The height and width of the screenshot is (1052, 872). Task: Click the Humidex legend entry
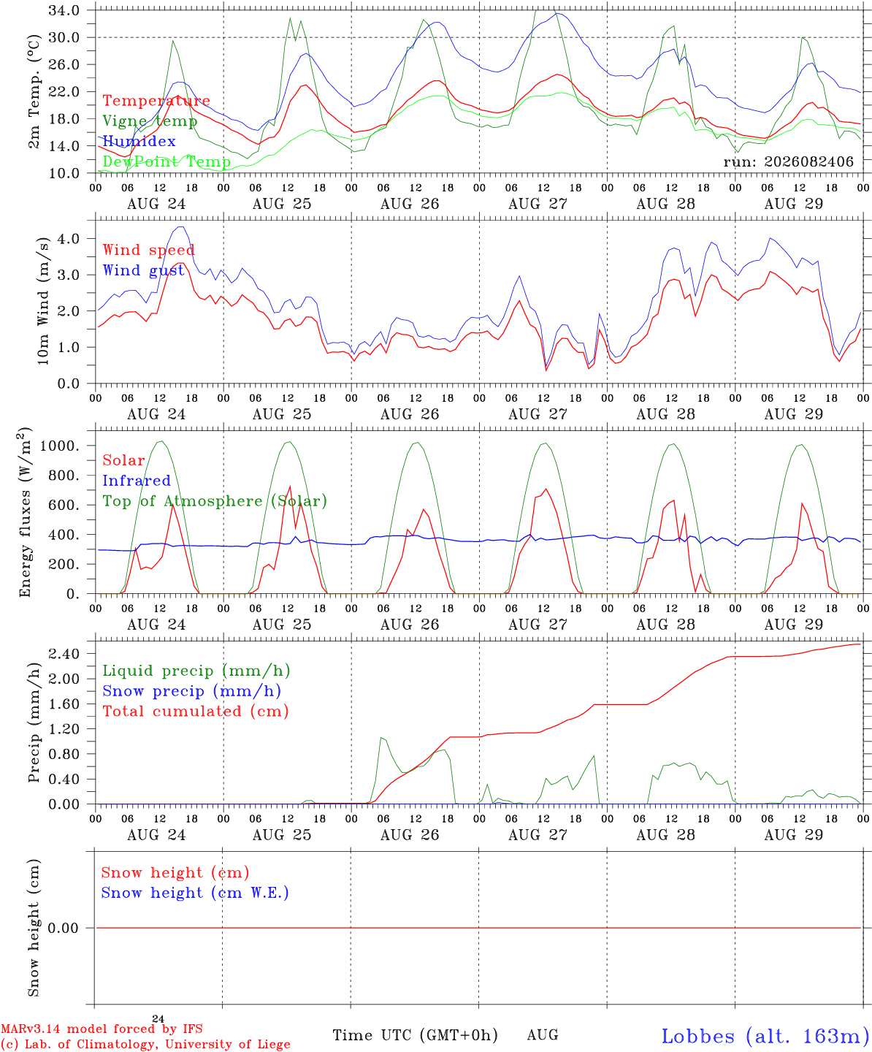[x=139, y=141]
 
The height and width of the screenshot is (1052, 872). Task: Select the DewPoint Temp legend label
[x=167, y=161]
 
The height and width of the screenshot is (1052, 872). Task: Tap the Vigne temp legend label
[x=150, y=121]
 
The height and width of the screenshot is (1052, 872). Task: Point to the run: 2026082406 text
[x=788, y=161]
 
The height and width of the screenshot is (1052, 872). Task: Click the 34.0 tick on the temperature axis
[x=64, y=10]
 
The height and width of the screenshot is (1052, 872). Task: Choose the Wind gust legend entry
[x=144, y=270]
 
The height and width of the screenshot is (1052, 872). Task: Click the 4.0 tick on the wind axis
[x=69, y=238]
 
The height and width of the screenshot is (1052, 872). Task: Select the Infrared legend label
[x=137, y=480]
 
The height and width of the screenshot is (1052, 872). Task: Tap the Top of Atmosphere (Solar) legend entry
[x=215, y=501]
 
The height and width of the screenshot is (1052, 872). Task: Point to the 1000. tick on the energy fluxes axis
[x=60, y=446]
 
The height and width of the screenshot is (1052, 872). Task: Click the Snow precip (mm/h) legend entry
[x=192, y=691]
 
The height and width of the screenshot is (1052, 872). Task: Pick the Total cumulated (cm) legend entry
[x=196, y=711]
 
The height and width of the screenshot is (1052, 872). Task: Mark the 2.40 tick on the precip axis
[x=64, y=653]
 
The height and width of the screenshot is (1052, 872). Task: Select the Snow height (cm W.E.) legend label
[x=195, y=892]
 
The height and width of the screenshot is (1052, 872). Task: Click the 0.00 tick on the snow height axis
[x=64, y=928]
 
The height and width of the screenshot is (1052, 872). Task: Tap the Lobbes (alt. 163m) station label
[x=765, y=1036]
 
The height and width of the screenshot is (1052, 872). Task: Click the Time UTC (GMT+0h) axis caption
[x=415, y=1035]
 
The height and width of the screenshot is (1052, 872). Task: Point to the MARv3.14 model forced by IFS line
[x=102, y=1029]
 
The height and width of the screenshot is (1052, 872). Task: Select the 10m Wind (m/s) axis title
[x=43, y=301]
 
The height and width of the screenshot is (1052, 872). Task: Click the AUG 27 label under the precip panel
[x=538, y=835]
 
